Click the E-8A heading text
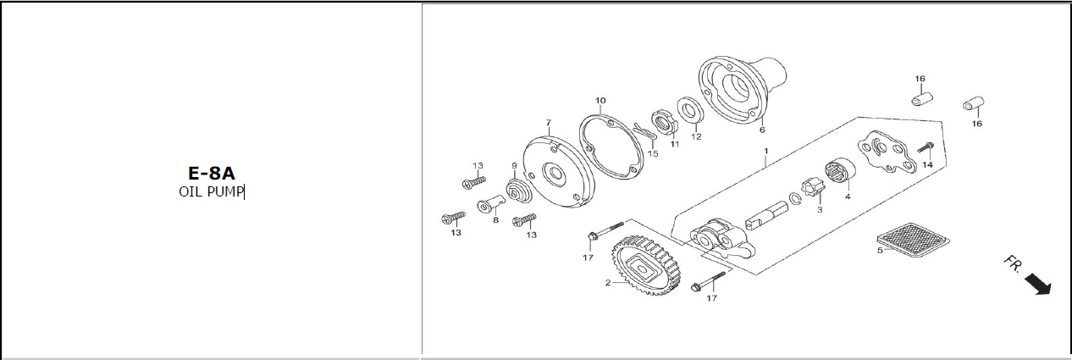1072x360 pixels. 211,173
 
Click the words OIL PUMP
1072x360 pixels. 211,191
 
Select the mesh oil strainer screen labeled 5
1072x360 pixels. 913,241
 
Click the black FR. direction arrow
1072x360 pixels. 1037,284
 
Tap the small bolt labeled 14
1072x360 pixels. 926,147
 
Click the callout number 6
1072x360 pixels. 762,130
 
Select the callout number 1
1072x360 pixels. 765,151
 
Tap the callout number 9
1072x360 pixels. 514,166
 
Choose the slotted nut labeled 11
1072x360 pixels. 664,124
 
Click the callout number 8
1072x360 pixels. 496,220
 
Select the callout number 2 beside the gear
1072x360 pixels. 607,283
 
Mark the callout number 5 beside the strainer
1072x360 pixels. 880,251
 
